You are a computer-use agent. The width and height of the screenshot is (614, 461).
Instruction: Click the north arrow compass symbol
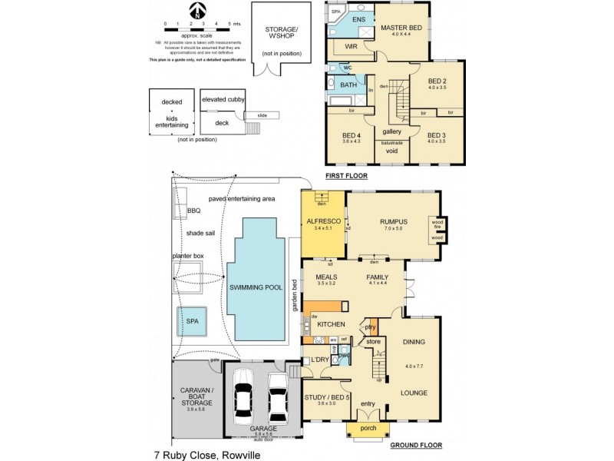click(x=199, y=11)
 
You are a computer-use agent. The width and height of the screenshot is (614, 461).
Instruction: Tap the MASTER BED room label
click(x=402, y=28)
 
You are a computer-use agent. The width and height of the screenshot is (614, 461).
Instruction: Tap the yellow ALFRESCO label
click(x=322, y=221)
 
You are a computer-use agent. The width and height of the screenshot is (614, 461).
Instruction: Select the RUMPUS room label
click(x=392, y=222)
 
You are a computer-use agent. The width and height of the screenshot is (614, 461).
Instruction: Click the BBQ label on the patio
click(x=193, y=211)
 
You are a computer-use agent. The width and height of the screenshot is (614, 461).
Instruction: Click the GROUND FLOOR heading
click(x=415, y=446)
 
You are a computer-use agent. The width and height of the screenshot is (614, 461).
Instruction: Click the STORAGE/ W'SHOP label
click(x=281, y=34)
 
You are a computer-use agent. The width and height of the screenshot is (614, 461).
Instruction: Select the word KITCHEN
click(x=331, y=324)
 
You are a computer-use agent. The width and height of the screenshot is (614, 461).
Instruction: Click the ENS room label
click(x=358, y=21)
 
